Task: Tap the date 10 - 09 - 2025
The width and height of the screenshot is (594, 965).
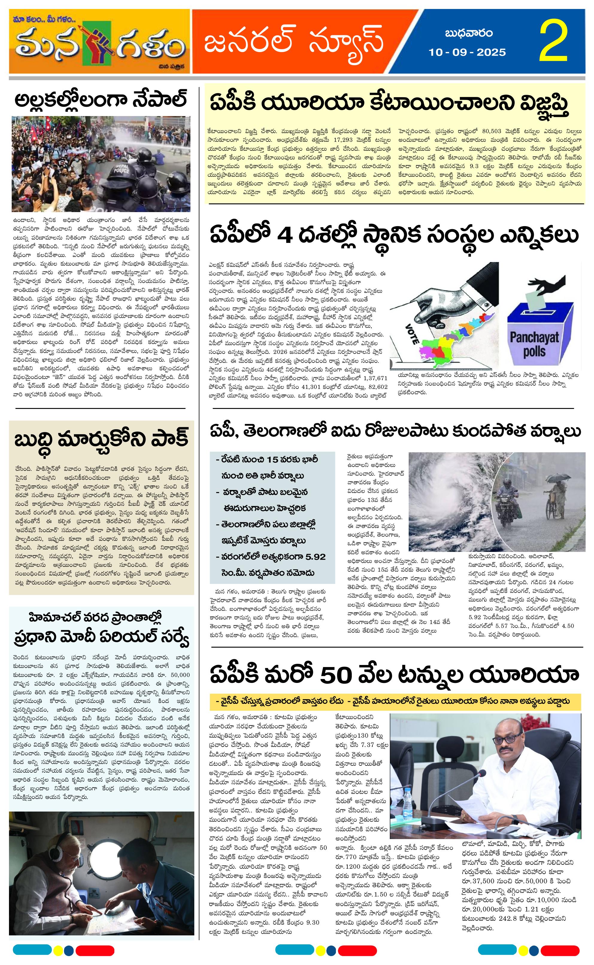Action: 467,52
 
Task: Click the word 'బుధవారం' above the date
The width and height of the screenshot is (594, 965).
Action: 469,33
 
